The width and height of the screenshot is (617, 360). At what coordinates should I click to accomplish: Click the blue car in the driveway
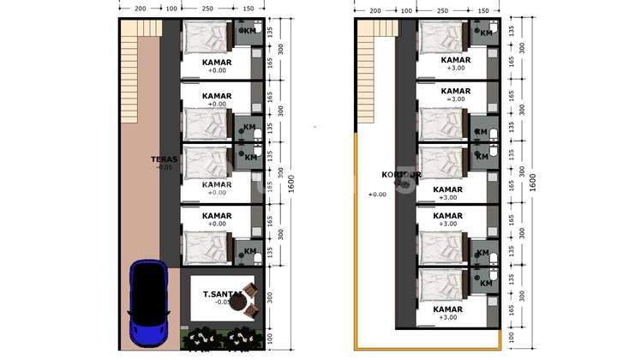click(147, 304)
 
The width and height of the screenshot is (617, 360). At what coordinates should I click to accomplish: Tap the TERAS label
click(164, 159)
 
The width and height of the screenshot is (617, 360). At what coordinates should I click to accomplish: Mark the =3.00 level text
click(455, 99)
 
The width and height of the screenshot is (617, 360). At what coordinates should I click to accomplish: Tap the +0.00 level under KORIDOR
click(376, 195)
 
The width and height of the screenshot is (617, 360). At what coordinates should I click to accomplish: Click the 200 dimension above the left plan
click(140, 9)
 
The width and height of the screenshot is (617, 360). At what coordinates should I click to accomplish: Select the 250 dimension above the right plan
click(442, 9)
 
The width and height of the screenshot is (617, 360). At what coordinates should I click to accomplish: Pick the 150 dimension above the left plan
click(248, 9)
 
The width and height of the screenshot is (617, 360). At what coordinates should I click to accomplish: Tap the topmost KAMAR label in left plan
click(217, 63)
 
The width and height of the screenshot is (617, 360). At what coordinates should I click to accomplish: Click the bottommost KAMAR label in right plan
click(449, 309)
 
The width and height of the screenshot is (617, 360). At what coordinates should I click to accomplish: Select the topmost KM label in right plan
click(486, 33)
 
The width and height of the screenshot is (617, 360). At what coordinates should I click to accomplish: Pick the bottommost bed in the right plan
click(442, 282)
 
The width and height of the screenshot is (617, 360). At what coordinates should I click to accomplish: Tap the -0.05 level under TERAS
click(164, 168)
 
